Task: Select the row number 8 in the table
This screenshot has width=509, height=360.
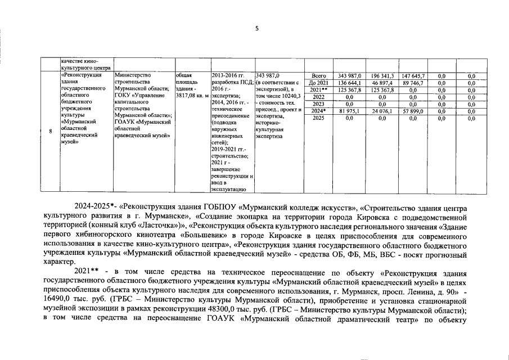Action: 51,132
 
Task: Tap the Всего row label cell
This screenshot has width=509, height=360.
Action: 318,75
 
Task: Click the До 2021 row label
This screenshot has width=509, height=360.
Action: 318,83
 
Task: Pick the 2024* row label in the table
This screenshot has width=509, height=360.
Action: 318,111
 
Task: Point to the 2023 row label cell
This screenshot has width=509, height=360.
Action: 318,104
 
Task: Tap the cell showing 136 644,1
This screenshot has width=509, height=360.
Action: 349,83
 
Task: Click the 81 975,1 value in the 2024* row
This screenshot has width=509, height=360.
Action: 349,111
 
